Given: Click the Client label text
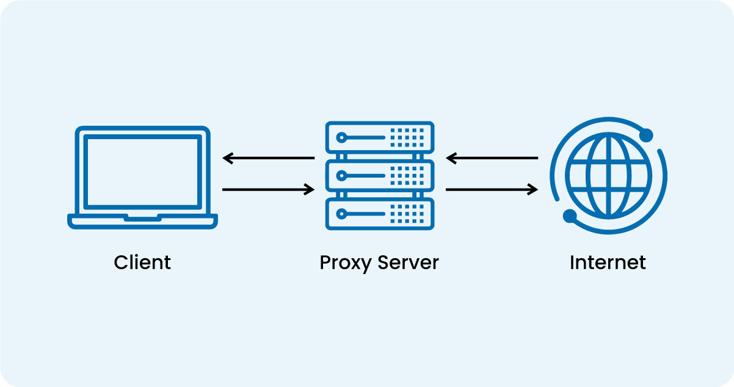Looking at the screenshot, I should coord(142,262).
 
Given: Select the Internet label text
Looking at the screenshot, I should coord(608,262).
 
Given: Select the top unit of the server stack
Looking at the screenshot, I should coord(379,137).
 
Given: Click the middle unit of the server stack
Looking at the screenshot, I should coord(379,176).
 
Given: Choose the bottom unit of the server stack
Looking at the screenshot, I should coord(379,214).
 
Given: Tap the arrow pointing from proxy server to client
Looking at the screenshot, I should coord(269,159).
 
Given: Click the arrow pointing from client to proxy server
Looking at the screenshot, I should coord(269,190).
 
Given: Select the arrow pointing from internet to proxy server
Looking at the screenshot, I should coord(492,159).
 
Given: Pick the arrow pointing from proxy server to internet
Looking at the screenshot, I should coord(492,190).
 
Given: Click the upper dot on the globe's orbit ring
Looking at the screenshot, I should coord(646,135).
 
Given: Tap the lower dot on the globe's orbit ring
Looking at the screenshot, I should coord(570,215).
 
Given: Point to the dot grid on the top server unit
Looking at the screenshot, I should coord(407,137).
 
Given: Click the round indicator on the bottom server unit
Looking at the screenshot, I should coord(342,214).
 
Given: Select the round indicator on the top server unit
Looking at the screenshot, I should coord(342,137).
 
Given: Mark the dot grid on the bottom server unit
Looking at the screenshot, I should coord(407,214).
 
